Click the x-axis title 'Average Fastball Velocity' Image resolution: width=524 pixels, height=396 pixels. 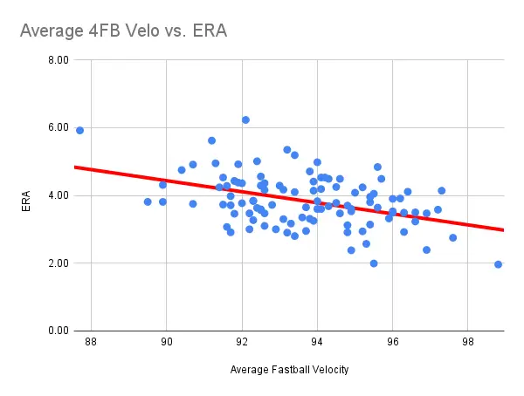click(x=289, y=370)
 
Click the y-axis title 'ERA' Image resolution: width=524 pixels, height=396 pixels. click(x=26, y=195)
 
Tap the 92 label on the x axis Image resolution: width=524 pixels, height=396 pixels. click(x=242, y=343)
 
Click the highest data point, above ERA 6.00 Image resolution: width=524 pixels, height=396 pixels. click(x=245, y=119)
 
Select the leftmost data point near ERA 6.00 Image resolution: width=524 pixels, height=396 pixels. click(x=79, y=130)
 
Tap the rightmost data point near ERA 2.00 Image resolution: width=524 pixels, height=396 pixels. click(x=498, y=264)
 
